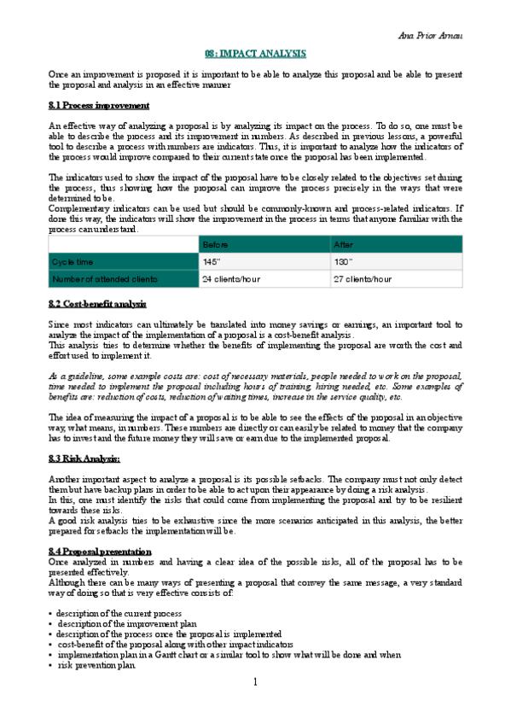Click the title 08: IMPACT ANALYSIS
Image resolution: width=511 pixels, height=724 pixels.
(257, 53)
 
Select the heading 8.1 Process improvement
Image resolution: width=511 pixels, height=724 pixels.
(99, 106)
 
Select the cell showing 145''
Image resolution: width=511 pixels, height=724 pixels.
(212, 261)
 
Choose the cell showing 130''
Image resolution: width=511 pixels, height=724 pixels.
(344, 261)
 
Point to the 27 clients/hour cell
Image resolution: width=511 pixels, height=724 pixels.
(363, 278)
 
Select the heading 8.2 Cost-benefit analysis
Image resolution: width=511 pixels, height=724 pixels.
(97, 304)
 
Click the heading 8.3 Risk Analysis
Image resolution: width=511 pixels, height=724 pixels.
(84, 458)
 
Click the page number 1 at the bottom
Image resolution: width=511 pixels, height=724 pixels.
(255, 706)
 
